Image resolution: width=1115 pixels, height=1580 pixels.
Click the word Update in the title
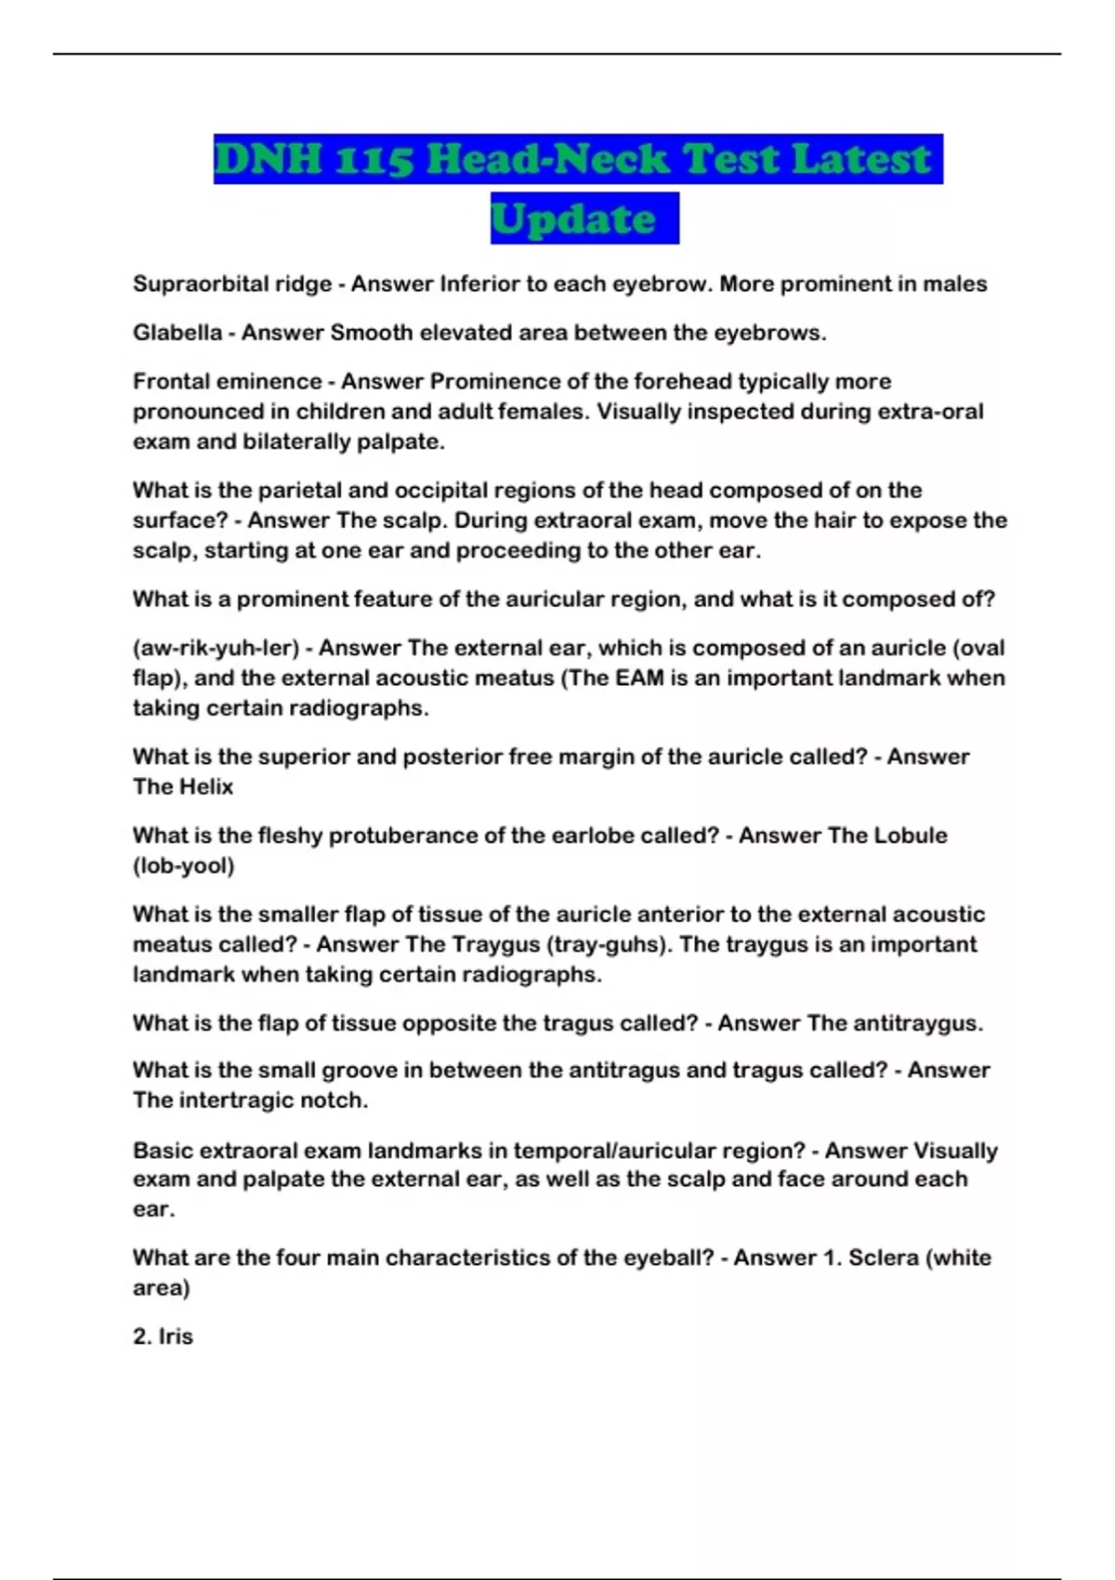[x=573, y=219]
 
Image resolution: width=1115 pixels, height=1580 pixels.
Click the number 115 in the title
[x=373, y=159]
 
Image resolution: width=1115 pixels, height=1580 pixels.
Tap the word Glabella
[x=177, y=333]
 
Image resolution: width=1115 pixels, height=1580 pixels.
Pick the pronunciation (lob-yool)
[x=183, y=865]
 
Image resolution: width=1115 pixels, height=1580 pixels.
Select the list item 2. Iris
[x=163, y=1336]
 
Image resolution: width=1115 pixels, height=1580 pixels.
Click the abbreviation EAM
[x=639, y=678]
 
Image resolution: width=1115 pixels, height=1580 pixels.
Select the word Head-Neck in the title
[x=547, y=159]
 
